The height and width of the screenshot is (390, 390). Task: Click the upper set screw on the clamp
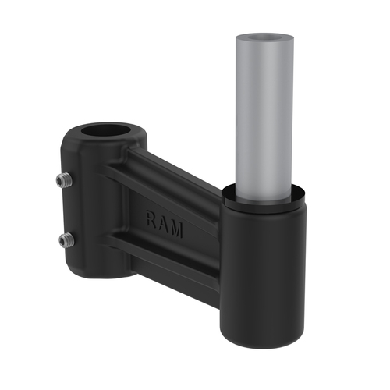coord(64,181)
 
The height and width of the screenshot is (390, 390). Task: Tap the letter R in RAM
coord(151,220)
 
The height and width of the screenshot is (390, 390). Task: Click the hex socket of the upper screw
coord(62,181)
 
